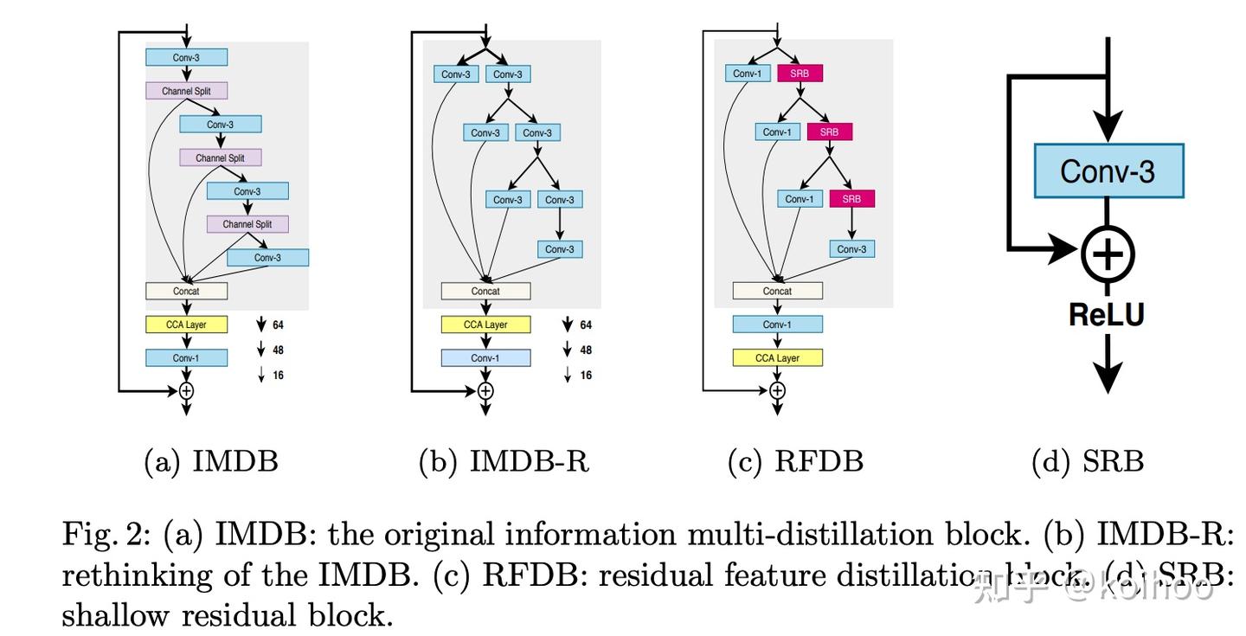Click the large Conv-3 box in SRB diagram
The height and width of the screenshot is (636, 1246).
point(1108,171)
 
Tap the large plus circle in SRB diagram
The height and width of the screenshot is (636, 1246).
point(1108,254)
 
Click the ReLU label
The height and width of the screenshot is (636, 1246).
point(1107,313)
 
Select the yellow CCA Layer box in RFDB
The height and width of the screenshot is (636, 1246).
point(777,357)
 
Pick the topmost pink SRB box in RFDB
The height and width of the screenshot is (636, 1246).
point(800,74)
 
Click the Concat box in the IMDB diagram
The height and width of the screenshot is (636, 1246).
point(186,291)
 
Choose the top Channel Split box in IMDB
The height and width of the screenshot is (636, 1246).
point(186,91)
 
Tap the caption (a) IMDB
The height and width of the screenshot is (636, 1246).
point(211,461)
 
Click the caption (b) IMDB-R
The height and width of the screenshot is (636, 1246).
point(504,461)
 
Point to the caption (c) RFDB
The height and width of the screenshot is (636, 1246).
point(795,461)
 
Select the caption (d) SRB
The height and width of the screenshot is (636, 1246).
point(1088,461)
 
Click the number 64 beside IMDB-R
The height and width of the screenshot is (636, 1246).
point(586,325)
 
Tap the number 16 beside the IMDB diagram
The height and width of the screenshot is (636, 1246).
point(278,376)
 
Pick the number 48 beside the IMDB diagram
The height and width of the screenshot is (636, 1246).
point(278,350)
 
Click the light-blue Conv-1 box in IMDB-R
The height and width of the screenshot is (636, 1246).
point(485,357)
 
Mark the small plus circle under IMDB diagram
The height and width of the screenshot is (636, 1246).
point(186,391)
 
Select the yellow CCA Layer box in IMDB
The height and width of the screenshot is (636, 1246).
point(186,324)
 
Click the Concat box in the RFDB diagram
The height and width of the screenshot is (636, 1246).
point(777,291)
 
